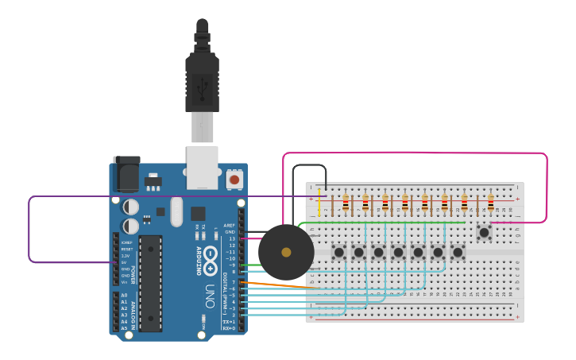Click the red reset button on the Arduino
(x=234, y=180)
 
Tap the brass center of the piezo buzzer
(x=286, y=252)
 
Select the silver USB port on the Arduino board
(x=202, y=167)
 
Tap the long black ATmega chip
(x=150, y=283)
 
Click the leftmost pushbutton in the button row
(x=338, y=253)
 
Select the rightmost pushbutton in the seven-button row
(x=458, y=253)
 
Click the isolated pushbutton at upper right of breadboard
(x=483, y=232)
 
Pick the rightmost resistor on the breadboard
(x=490, y=203)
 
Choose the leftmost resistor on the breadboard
(x=346, y=203)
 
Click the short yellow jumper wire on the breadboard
(x=320, y=204)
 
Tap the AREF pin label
(x=230, y=226)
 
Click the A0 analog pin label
(x=123, y=295)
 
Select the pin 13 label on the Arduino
(x=231, y=238)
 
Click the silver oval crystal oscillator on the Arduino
(x=176, y=211)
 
